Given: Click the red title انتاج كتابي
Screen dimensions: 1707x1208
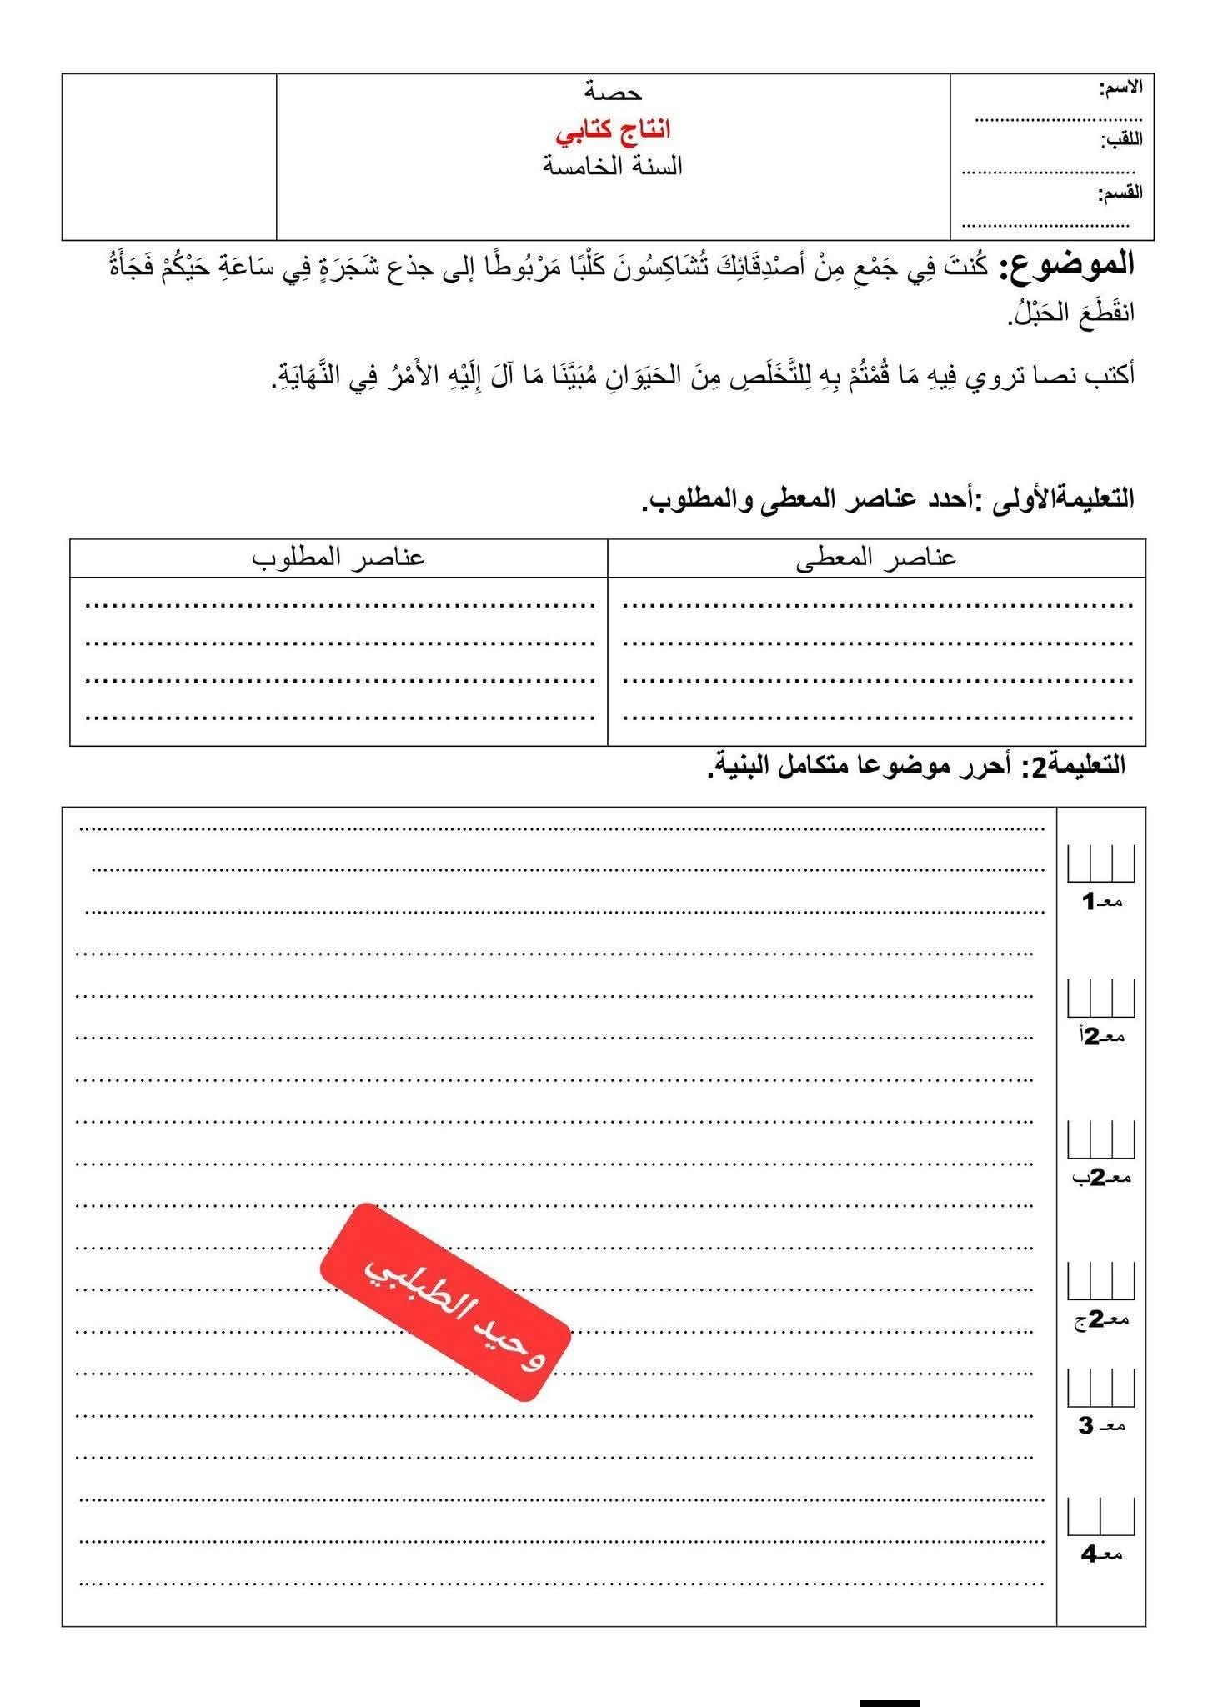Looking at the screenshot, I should tap(614, 131).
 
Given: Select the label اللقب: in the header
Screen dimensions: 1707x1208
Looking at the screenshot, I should tap(1123, 140).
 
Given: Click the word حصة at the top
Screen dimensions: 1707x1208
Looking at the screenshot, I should tap(613, 92).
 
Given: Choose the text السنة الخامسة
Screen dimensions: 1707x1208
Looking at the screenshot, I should tap(613, 167).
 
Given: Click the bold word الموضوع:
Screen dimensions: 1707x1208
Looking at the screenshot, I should tap(1071, 265).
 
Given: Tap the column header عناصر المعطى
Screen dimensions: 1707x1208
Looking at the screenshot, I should tap(876, 558).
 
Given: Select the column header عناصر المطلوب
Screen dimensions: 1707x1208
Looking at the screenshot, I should tap(338, 558).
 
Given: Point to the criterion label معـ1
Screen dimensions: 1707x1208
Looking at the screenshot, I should tap(1101, 902).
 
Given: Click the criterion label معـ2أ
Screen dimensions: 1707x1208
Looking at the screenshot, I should tap(1101, 1037).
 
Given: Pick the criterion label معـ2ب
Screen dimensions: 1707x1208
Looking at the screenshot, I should tap(1101, 1178).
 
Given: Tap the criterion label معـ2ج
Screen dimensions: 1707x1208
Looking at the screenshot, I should tap(1101, 1319).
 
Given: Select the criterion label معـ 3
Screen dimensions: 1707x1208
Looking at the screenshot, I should tap(1101, 1426).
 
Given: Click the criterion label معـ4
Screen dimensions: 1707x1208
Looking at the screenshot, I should tap(1101, 1554).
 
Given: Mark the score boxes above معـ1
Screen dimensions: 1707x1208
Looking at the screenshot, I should tap(1101, 864).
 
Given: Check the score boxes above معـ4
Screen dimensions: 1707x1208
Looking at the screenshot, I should tap(1101, 1517).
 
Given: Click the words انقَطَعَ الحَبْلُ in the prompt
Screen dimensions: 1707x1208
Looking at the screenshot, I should tap(1070, 313).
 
